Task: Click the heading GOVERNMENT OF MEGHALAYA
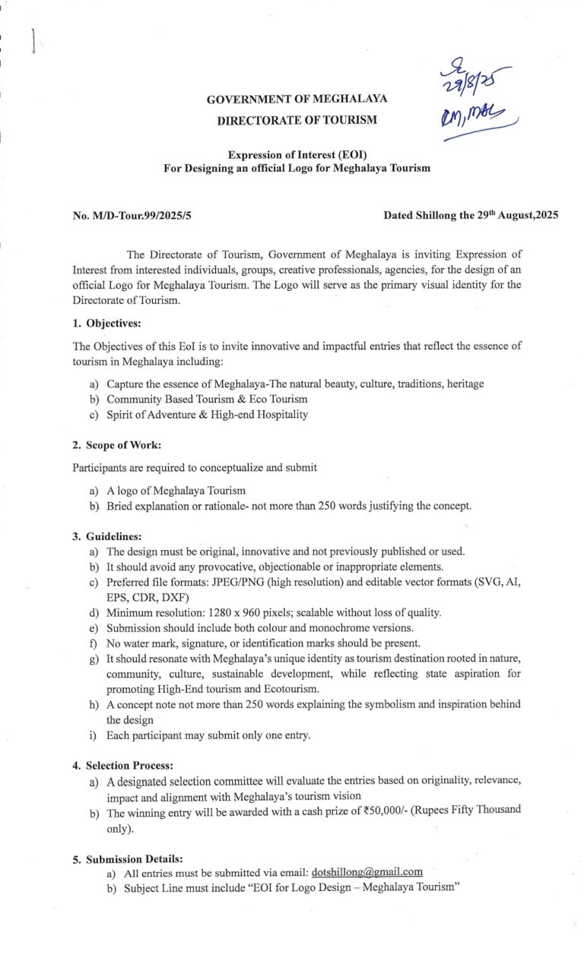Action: (297, 100)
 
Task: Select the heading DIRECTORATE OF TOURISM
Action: (297, 120)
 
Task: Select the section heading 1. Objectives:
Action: (107, 323)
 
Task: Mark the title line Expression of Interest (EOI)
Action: (297, 155)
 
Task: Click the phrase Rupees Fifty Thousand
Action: (465, 811)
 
